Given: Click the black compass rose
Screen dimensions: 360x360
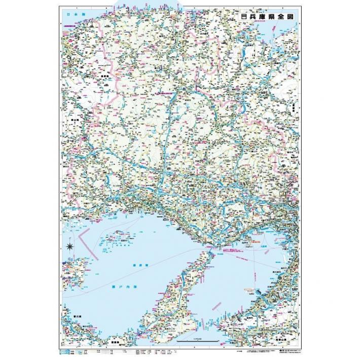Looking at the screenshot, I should click(x=70, y=247).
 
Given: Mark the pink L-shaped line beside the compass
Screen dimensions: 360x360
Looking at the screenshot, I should click(x=87, y=241).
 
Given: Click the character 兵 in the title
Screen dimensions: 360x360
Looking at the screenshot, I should click(x=251, y=16).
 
